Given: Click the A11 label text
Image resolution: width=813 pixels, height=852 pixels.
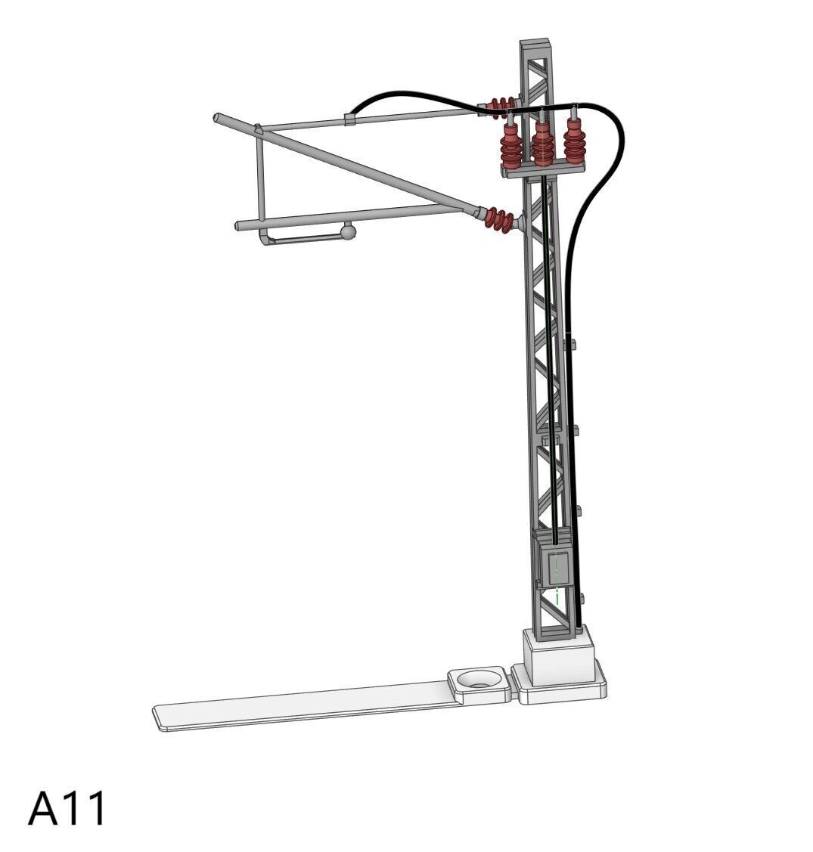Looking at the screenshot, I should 68,809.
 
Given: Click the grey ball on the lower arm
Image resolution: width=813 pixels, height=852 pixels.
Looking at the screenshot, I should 348,231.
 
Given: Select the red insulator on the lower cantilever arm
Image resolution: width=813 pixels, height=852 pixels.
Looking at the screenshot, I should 498,220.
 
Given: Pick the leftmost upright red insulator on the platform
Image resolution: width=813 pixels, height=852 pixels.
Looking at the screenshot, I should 512,147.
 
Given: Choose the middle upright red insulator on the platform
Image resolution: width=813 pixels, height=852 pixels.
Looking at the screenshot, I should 543,142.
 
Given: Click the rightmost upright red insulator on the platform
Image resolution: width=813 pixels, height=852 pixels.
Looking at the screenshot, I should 575,141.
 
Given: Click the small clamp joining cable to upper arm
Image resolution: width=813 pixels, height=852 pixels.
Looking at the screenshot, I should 349,119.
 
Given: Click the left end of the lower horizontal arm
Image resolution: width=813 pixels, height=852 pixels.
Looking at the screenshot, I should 239,225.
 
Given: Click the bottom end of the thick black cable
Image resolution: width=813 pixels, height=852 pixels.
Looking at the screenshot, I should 579,626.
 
